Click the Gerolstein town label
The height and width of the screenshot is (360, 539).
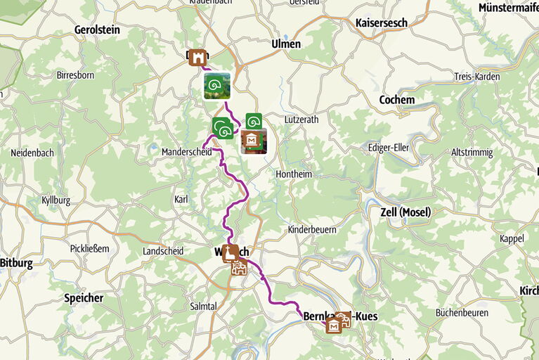97,30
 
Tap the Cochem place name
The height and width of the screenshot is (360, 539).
396,100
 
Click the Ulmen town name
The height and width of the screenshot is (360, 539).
286,44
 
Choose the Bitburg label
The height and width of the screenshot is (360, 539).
16,263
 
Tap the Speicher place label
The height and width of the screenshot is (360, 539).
84,297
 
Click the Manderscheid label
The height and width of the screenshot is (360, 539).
186,152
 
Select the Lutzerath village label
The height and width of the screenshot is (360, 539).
301,120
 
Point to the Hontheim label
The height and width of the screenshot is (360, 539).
294,174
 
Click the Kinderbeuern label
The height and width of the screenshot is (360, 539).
312,230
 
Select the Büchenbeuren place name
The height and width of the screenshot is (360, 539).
462,312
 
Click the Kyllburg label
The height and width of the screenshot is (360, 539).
56,200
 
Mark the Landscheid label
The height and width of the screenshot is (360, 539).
162,251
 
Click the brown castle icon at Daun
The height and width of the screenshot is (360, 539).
198,57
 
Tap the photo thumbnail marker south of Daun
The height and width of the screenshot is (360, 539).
216,86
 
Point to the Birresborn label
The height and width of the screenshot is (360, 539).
76,75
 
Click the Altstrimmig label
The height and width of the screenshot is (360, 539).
472,152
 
